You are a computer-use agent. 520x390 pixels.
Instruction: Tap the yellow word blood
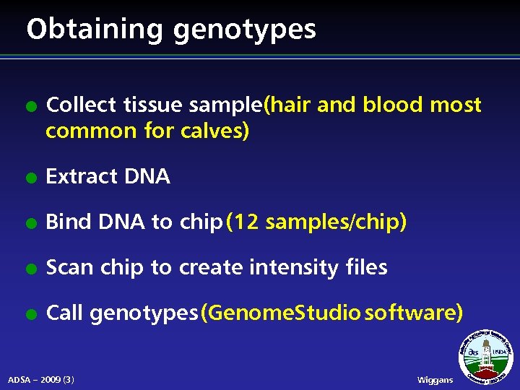[392, 105]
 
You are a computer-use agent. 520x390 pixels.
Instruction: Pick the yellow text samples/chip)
[337, 222]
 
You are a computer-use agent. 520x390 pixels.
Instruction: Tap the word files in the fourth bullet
[366, 267]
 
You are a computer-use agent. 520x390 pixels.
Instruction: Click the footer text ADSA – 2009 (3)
[41, 379]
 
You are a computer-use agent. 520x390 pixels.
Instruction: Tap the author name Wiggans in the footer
[435, 380]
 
